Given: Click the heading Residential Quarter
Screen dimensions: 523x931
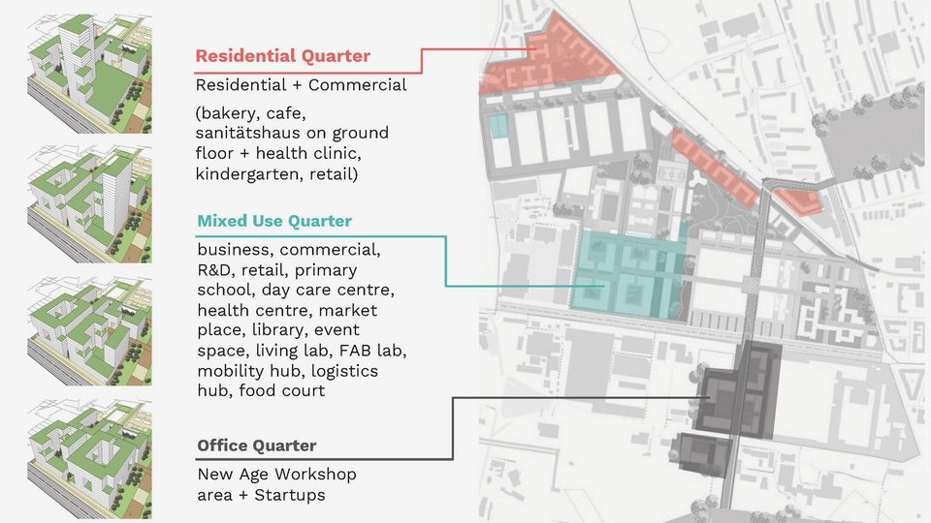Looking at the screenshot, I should [282, 56].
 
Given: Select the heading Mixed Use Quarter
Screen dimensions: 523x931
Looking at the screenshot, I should [274, 222].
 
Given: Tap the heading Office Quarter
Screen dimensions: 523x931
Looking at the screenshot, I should [256, 446].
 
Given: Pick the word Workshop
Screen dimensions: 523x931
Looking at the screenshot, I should [317, 475].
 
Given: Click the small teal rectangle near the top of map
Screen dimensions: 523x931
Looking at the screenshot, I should [498, 126].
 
